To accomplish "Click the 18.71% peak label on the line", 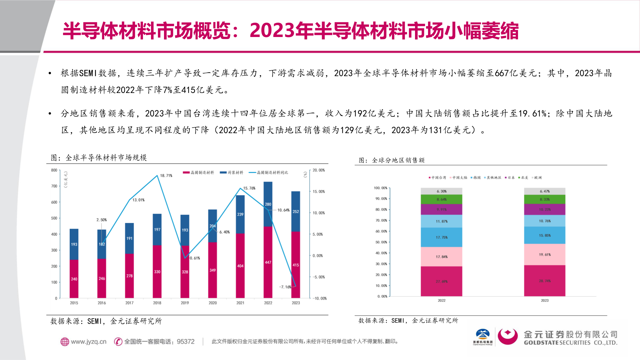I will point(166,176).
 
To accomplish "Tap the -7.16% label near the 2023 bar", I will point(285,287).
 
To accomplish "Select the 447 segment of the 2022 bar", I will point(268,262).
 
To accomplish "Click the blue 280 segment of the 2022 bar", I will point(268,204).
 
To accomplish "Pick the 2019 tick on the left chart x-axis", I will point(185,303).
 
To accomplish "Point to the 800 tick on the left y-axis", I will point(54,170).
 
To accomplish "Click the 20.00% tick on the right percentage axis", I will point(318,170).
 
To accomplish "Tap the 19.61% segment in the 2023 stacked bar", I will point(545,255).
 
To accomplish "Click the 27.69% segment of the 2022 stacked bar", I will point(442,282).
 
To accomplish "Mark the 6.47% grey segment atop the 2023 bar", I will point(545,191).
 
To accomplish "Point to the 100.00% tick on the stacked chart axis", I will point(380,188).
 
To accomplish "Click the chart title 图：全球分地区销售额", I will point(392,160).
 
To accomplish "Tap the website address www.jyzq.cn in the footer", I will point(88,342).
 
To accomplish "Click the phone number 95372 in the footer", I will point(186,342).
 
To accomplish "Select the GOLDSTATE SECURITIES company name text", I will point(570,343).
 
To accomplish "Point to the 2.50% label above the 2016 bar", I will point(102,220).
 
